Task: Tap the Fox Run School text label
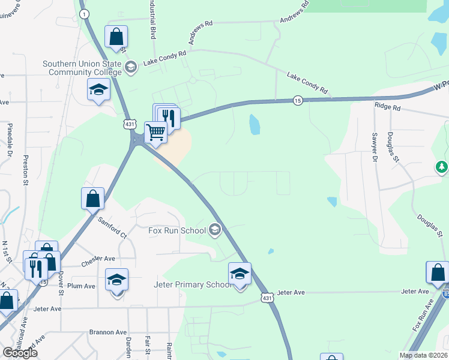176,230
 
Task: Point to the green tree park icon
442,166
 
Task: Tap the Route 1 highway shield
83,13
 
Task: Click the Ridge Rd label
387,107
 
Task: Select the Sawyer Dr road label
373,147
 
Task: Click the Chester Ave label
97,259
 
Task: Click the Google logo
19,353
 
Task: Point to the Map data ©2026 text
423,355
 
